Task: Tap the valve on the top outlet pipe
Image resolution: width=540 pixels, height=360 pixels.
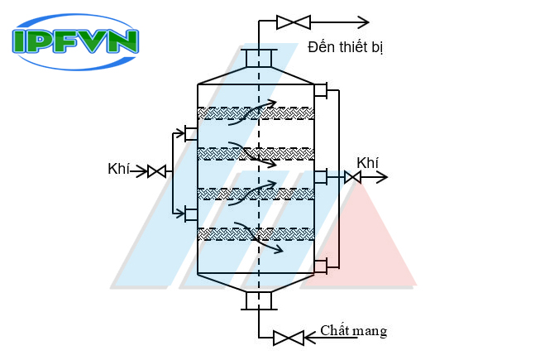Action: [293, 22]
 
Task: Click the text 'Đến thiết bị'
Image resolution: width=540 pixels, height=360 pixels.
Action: [345, 47]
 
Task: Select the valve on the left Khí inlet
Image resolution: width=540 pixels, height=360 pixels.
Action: [156, 171]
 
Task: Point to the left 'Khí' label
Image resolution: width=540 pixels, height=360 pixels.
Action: [119, 170]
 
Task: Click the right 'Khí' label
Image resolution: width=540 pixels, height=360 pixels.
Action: [367, 162]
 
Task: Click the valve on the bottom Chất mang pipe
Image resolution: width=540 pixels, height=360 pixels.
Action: [289, 338]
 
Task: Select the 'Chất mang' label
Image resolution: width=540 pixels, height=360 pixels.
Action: [354, 331]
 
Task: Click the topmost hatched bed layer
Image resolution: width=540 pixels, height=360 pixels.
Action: [256, 113]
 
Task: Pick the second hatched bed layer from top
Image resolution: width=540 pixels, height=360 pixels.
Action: [256, 153]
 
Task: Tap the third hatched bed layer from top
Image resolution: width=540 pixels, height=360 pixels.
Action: [256, 194]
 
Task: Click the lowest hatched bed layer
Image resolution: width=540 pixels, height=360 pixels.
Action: [256, 234]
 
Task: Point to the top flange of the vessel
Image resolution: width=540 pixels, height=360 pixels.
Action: [259, 57]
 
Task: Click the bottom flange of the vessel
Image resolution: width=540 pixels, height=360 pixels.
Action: [258, 300]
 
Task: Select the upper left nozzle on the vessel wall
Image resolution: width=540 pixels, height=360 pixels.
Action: [190, 133]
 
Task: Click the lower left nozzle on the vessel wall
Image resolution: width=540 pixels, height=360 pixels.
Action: [190, 214]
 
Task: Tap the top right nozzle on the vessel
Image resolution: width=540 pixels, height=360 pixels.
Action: [322, 90]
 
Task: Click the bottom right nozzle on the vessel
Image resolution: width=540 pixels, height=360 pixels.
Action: [322, 265]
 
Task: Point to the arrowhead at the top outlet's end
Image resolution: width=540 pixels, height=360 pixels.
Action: [363, 22]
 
